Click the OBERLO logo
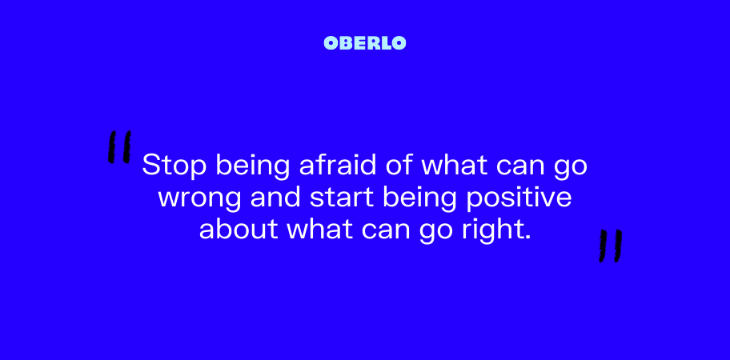tap(364, 43)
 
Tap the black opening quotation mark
tap(119, 147)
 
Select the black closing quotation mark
tap(611, 246)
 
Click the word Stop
tap(174, 166)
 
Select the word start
tap(342, 198)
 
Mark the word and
tap(276, 198)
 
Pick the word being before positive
tap(419, 199)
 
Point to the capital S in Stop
tap(150, 164)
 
